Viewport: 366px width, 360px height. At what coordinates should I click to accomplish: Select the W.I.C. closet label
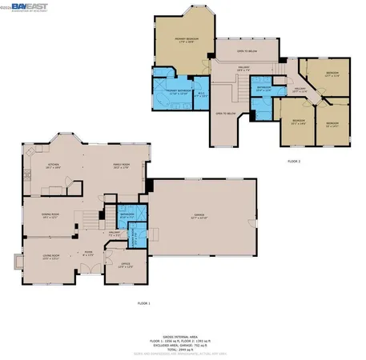[202, 94]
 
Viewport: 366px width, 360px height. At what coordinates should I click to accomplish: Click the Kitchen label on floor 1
[52, 166]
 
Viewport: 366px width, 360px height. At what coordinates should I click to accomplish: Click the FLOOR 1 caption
[143, 303]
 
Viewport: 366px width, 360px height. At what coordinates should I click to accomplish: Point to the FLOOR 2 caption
[294, 161]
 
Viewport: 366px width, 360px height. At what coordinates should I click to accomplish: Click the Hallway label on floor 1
[115, 234]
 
